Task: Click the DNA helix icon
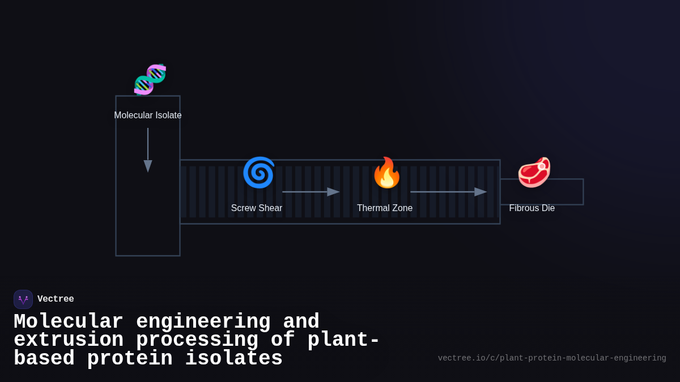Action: [150, 79]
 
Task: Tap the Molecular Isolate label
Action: [148, 115]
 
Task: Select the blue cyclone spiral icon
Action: [258, 173]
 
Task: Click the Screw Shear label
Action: [257, 208]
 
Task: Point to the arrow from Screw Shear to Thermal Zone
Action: [311, 192]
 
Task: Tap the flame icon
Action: [386, 173]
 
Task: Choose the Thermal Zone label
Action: [385, 208]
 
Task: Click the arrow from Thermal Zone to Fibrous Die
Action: [448, 192]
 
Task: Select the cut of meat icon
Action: [534, 173]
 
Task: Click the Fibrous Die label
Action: [532, 208]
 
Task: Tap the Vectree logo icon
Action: [23, 299]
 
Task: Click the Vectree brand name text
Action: [56, 299]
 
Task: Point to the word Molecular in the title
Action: [68, 322]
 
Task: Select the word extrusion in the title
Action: [68, 340]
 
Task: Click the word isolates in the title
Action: [233, 359]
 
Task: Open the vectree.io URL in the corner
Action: [551, 358]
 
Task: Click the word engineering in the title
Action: [203, 322]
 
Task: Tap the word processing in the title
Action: [197, 340]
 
